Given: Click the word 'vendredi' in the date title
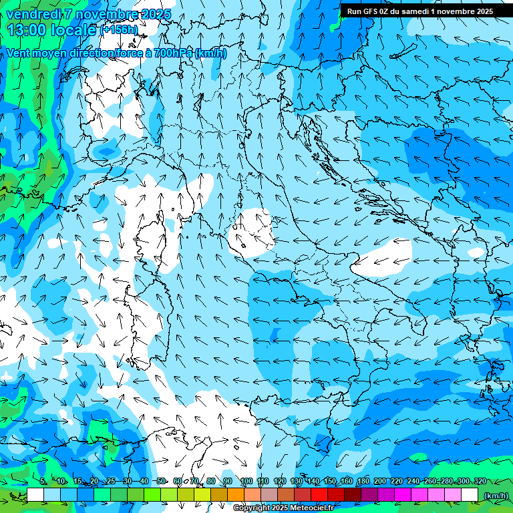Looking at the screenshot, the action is (34, 14).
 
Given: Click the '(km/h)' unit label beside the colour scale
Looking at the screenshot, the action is (495, 496).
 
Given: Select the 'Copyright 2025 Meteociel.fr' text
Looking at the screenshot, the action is (283, 508).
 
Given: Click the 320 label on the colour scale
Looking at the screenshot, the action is (480, 481).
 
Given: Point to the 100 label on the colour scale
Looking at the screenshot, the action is (246, 481).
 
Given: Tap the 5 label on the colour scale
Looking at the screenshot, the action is (43, 481).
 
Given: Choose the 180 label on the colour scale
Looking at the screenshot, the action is (363, 481).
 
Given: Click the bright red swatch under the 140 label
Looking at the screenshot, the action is (319, 495).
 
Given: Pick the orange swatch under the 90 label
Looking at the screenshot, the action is (236, 495).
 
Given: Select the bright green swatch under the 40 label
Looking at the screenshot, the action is (152, 495).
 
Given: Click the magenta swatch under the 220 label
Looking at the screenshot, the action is (403, 495).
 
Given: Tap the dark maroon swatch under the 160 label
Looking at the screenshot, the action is (353, 495).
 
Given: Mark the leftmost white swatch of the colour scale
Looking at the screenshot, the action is (35, 495).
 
